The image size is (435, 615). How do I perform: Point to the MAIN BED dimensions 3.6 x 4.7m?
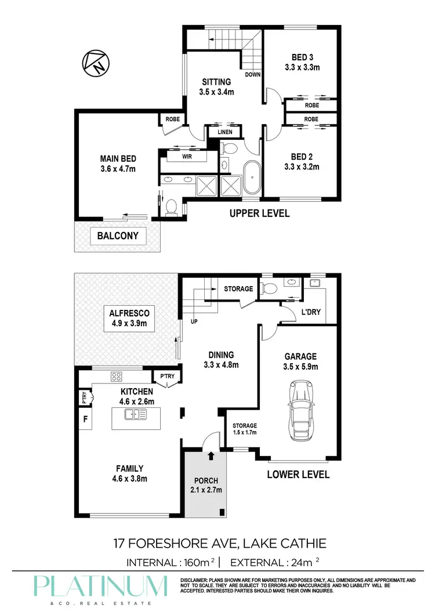pos(118,169)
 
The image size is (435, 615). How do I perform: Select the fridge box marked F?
pos(85,419)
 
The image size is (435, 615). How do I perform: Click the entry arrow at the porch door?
pos(210,456)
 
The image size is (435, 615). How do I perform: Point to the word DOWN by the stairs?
pos(253,75)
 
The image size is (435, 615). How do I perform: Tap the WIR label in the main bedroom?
pos(186,157)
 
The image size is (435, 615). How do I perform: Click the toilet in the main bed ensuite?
pos(171,207)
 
